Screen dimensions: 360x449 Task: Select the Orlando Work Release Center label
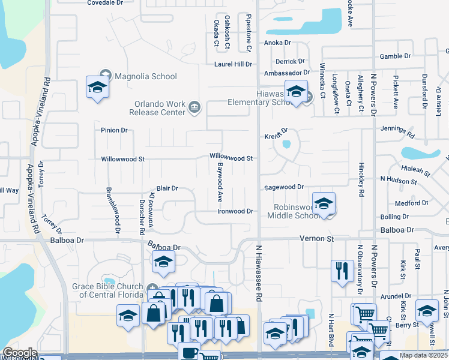(x=160, y=106)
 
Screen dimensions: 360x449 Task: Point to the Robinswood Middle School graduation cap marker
(x=324, y=203)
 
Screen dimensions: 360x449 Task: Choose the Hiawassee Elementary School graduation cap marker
(x=296, y=91)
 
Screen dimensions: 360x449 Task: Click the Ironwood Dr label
(x=235, y=211)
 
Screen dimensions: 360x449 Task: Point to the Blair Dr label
(x=167, y=188)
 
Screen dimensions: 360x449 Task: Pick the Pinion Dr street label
(x=115, y=130)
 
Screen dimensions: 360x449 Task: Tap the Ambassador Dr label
(x=287, y=73)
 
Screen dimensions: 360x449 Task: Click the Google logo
(x=20, y=353)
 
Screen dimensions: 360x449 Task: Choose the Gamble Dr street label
(x=395, y=56)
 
